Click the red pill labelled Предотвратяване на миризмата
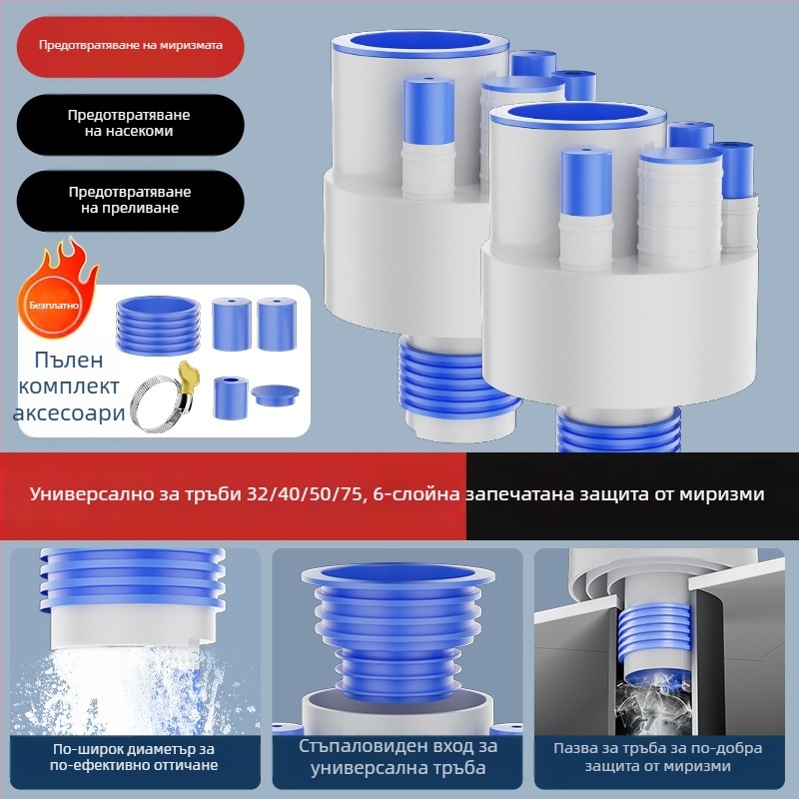[131, 46]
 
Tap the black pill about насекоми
[131, 124]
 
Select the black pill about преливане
[131, 201]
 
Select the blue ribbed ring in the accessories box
[158, 326]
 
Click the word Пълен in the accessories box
[69, 361]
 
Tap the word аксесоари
[69, 412]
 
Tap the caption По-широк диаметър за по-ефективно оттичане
[134, 757]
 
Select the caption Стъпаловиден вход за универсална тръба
[398, 757]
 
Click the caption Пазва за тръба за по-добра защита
[658, 757]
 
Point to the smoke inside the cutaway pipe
[653, 702]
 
